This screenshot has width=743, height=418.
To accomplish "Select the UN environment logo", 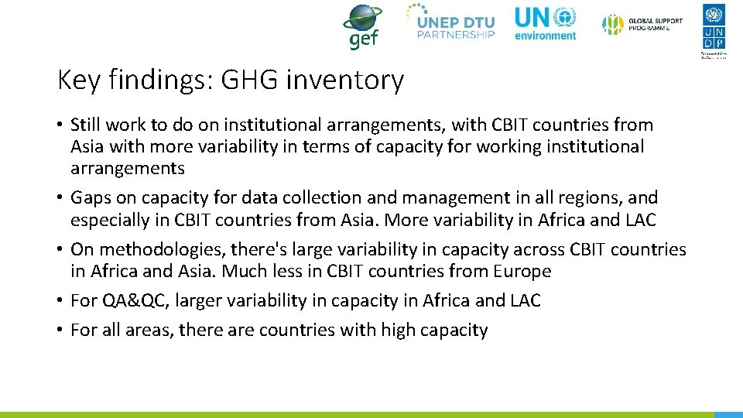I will click(x=546, y=23).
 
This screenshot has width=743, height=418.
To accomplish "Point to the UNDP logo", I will click(x=714, y=29).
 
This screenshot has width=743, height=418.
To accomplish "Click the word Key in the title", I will click(x=78, y=80).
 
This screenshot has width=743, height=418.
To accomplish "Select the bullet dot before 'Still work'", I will click(x=60, y=125).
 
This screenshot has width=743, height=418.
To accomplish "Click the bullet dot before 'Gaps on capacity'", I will click(x=60, y=198).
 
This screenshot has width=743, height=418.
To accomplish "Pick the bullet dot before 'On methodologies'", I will click(x=60, y=250).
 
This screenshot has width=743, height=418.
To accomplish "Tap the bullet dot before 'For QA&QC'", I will click(x=60, y=301).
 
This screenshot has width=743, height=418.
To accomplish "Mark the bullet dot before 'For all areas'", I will click(x=60, y=331).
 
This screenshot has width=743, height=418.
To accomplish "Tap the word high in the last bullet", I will click(x=398, y=331).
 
